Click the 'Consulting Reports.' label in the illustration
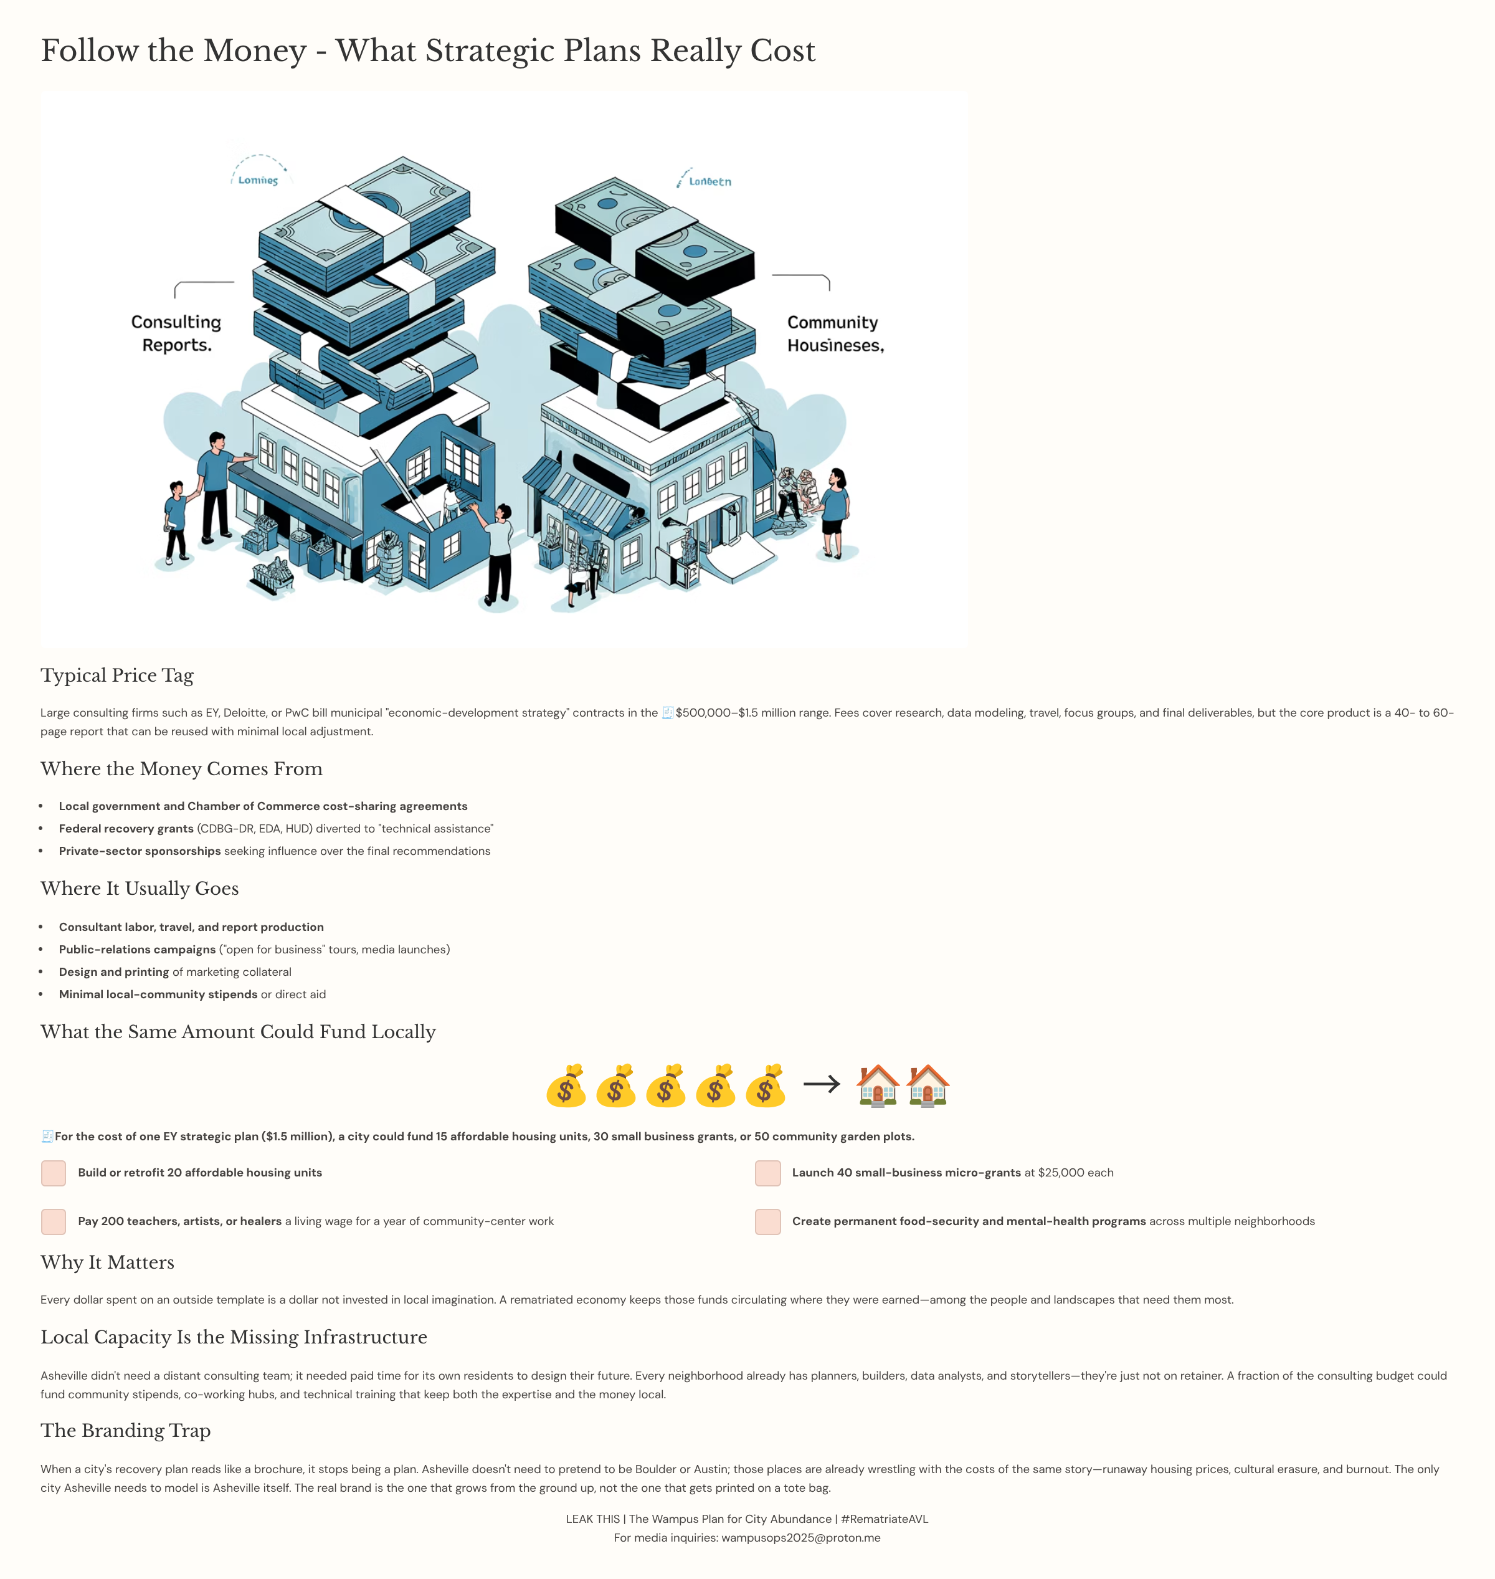[176, 333]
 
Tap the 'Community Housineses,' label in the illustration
[835, 333]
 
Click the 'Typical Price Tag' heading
[117, 675]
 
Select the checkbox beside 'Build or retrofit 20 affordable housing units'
[54, 1173]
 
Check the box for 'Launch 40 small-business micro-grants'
[767, 1173]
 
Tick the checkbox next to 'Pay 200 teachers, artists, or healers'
[54, 1222]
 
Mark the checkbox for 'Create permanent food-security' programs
[767, 1222]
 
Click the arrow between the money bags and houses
[822, 1084]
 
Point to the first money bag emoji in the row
[566, 1085]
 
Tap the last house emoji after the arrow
[928, 1085]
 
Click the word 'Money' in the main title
[255, 51]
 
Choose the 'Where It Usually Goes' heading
[140, 889]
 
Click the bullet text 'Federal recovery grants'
[126, 829]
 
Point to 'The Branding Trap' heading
[126, 1431]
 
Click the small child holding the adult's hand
[175, 522]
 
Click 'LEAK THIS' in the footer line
[592, 1519]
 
